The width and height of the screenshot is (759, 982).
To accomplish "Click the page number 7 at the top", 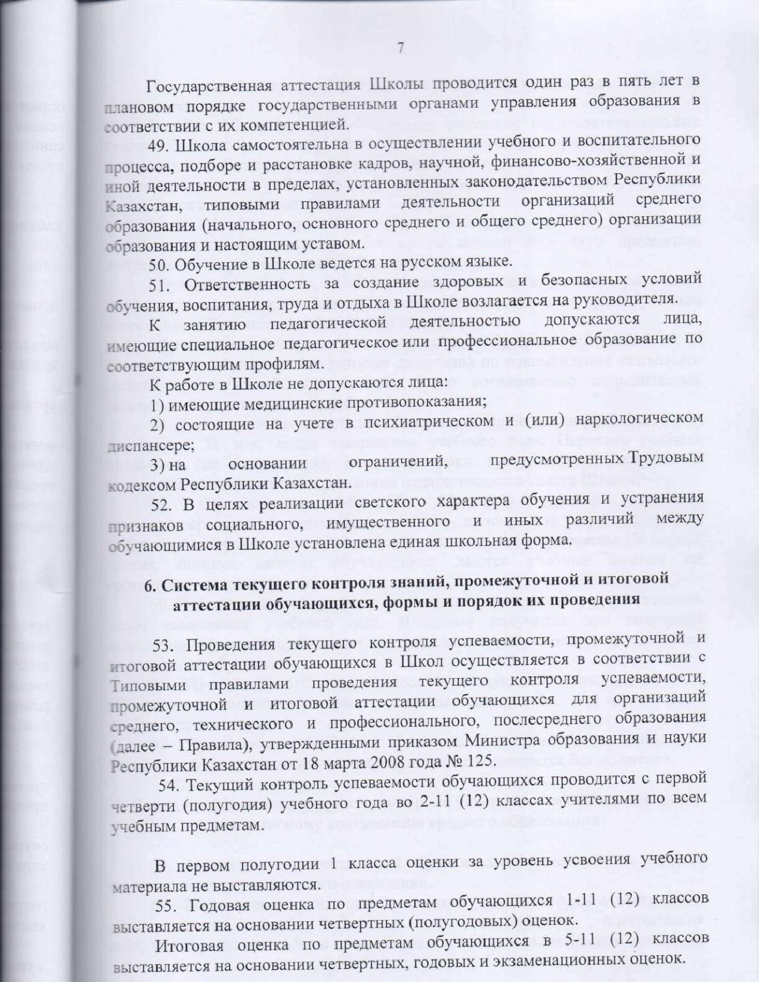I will click(x=401, y=48).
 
